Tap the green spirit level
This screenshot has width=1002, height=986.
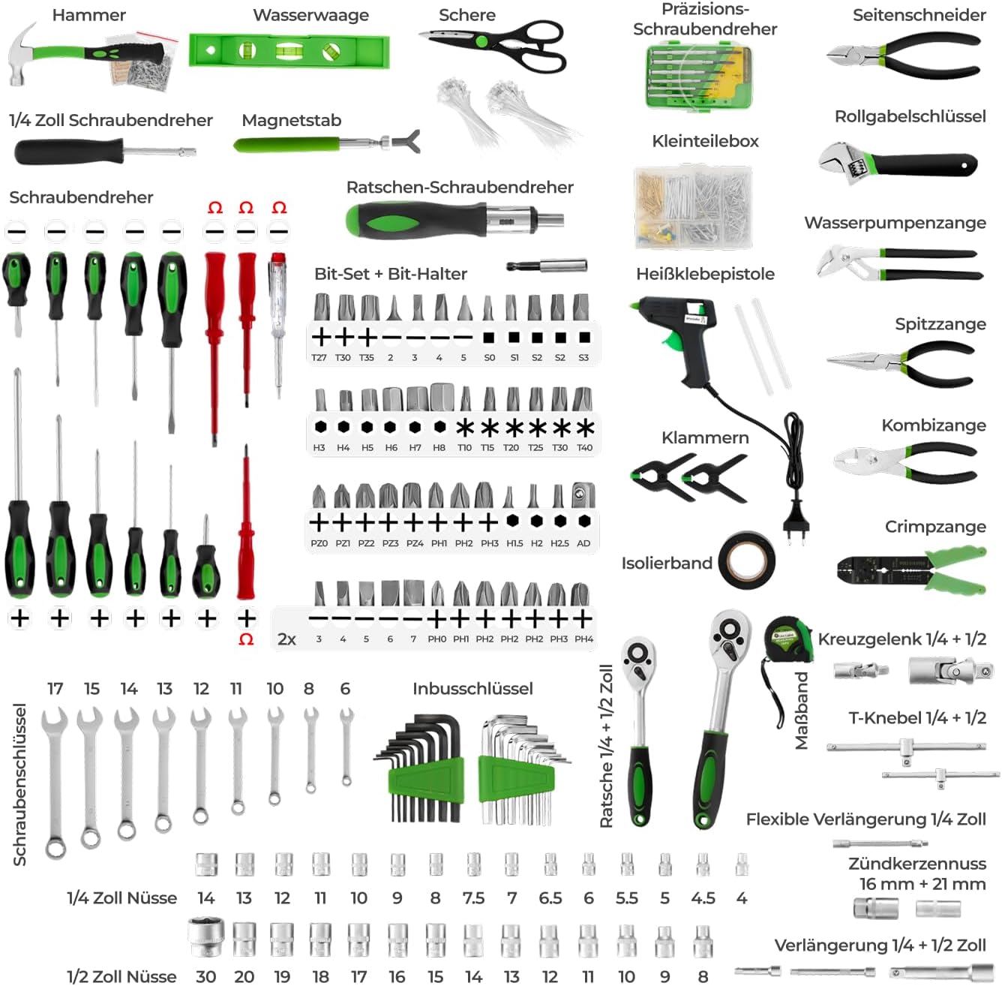click(289, 50)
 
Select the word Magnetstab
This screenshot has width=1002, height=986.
click(292, 120)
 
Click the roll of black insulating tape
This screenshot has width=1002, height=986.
click(748, 560)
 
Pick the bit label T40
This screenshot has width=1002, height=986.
click(584, 447)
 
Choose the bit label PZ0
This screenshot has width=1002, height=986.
click(319, 543)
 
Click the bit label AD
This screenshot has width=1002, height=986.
click(583, 543)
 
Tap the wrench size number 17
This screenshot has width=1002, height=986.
click(55, 689)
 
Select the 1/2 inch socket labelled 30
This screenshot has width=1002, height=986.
click(206, 937)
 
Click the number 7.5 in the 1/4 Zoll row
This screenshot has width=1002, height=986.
click(474, 897)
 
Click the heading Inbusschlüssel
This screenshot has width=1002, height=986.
click(472, 688)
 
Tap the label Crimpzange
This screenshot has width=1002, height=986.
click(935, 527)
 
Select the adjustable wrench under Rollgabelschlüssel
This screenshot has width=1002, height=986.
click(898, 164)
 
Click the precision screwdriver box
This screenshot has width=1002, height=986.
click(698, 77)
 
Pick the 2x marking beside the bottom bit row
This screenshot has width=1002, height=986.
click(286, 639)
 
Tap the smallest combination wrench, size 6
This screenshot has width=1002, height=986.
click(346, 747)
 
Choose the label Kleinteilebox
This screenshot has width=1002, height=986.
click(705, 141)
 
